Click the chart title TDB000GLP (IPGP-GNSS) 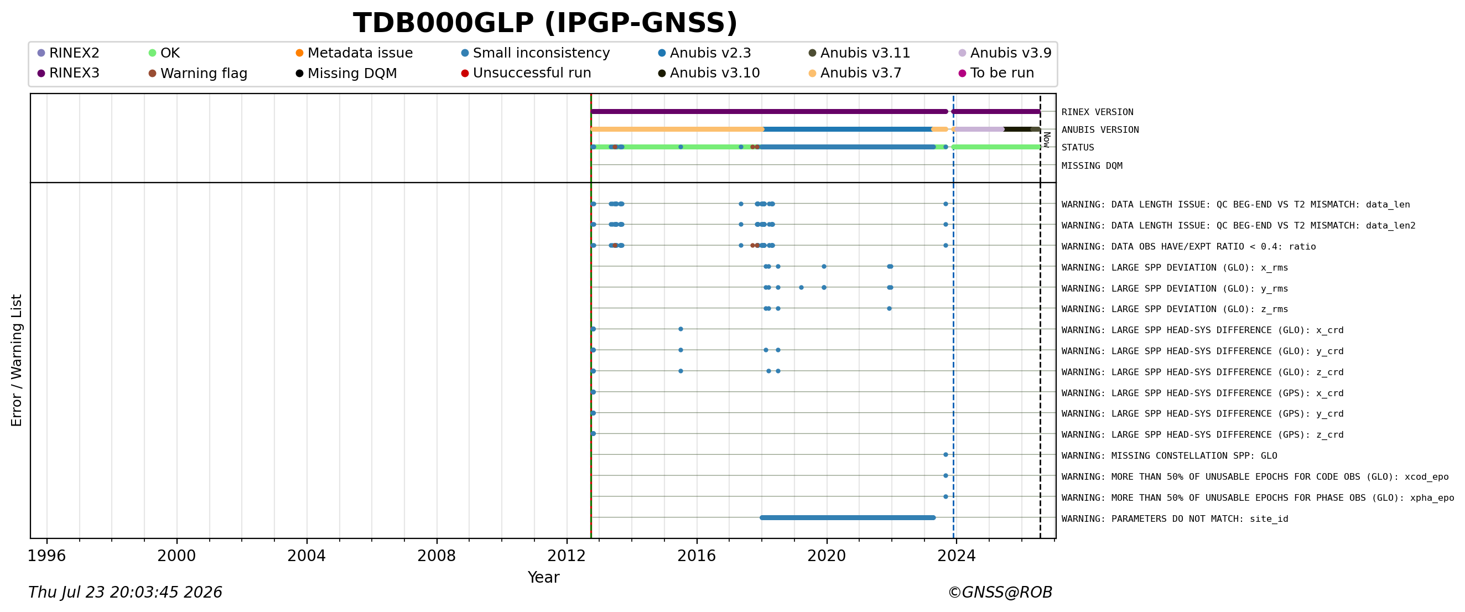(545, 23)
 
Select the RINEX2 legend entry (68, 53)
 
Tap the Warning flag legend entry (198, 74)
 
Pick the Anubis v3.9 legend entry (1005, 53)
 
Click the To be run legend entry (996, 73)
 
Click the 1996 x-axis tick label (46, 555)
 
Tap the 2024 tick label (957, 555)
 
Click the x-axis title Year (544, 577)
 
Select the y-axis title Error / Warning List (16, 360)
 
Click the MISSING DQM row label (1092, 166)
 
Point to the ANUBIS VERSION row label (1100, 129)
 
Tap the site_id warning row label (1175, 518)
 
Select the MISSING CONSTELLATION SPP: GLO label (1169, 455)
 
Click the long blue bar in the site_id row (848, 517)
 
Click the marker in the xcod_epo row (946, 475)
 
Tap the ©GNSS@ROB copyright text (1000, 592)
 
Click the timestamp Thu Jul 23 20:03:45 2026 (125, 592)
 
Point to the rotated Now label (1046, 139)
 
